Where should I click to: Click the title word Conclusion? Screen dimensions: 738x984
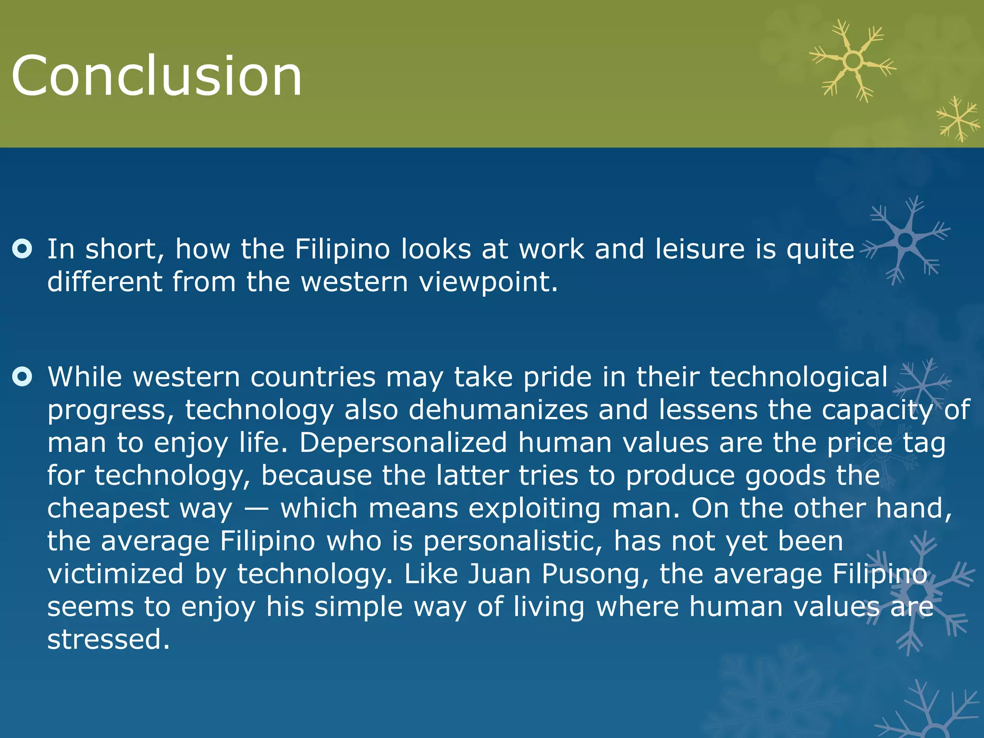pos(157,76)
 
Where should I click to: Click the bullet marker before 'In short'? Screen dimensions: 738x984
pos(23,248)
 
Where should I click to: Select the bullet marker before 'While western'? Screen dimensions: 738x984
pos(23,376)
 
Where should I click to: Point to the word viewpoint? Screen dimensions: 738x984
pos(489,282)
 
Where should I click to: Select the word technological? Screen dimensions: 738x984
pos(798,377)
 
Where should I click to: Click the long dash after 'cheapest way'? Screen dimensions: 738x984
pos(256,508)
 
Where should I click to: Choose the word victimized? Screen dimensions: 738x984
pos(115,574)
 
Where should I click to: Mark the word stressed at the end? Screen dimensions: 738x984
pos(109,640)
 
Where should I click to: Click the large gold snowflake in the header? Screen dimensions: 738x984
pos(853,61)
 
